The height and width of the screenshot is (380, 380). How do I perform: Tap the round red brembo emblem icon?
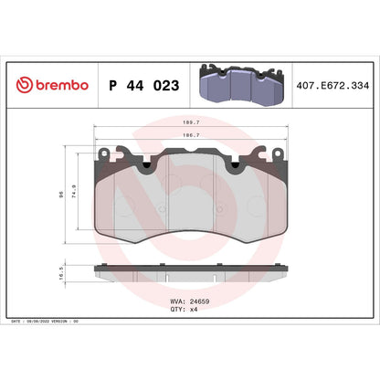click(24, 86)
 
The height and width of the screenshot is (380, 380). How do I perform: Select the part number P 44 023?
click(142, 86)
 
